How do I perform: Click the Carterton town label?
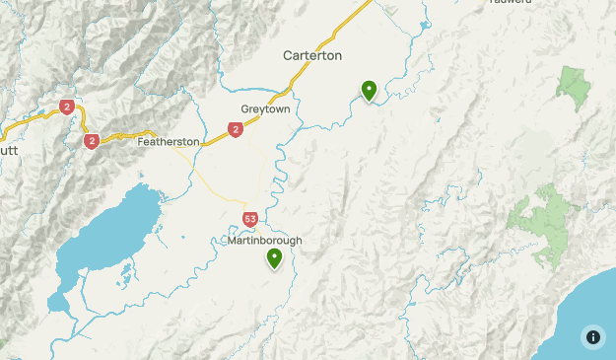pyautogui.click(x=312, y=55)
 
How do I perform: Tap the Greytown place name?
pyautogui.click(x=265, y=108)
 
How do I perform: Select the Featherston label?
pyautogui.click(x=169, y=141)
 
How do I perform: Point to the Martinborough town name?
pyautogui.click(x=263, y=241)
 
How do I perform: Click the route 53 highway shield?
pyautogui.click(x=250, y=218)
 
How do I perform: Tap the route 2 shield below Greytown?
pyautogui.click(x=235, y=129)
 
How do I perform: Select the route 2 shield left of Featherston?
pyautogui.click(x=92, y=141)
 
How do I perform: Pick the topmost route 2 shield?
pyautogui.click(x=67, y=107)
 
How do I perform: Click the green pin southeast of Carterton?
pyautogui.click(x=369, y=90)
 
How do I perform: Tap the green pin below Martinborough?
pyautogui.click(x=274, y=257)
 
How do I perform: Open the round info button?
pyautogui.click(x=593, y=337)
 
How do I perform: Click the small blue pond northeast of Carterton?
pyautogui.click(x=425, y=25)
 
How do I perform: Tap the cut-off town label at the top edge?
pyautogui.click(x=511, y=2)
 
